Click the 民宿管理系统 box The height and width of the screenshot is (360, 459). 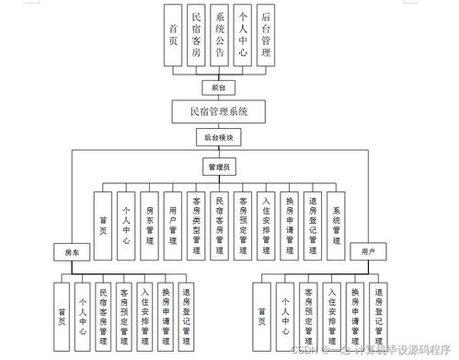click(219, 110)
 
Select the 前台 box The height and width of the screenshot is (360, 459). click(219, 86)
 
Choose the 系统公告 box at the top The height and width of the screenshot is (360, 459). click(220, 36)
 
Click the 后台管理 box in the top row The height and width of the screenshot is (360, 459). click(266, 36)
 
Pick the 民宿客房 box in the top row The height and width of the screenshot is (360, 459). click(196, 36)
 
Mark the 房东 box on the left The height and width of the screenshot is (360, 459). click(72, 251)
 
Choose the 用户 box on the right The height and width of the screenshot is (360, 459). click(367, 250)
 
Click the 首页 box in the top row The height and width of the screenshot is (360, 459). click(173, 36)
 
